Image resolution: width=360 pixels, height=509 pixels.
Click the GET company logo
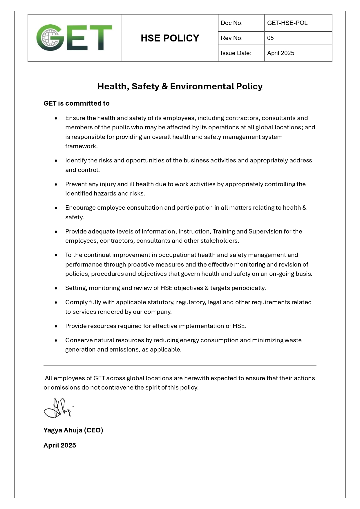(x=74, y=38)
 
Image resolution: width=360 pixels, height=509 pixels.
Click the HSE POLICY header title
(x=170, y=38)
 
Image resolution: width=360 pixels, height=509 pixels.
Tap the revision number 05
(x=270, y=38)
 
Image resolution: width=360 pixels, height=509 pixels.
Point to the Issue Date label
(x=236, y=53)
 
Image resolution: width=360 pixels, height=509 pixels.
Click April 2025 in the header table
(x=281, y=53)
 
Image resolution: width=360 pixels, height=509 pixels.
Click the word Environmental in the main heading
(x=202, y=86)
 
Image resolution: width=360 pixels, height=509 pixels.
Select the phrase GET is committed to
(x=77, y=103)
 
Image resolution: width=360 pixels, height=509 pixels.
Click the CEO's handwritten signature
(x=58, y=408)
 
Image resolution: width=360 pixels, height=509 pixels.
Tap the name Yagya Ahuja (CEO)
(x=73, y=430)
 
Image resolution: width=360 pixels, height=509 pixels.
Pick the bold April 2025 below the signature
(x=60, y=445)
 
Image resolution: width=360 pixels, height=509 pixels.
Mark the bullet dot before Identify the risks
(x=56, y=161)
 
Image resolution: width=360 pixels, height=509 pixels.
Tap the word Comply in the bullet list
(x=75, y=302)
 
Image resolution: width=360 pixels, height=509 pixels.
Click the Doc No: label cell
(x=231, y=23)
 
